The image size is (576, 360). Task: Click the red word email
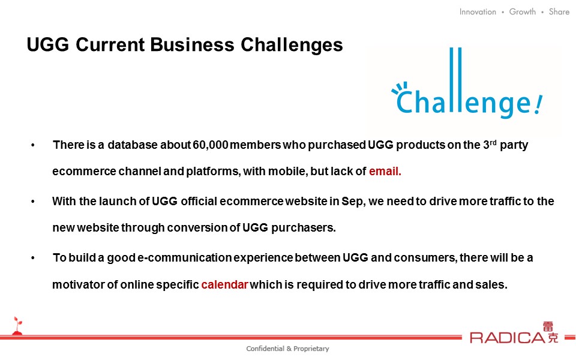coord(385,171)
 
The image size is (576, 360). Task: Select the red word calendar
coord(225,284)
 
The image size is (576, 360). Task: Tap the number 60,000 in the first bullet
coord(211,145)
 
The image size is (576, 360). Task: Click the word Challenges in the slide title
coord(292,45)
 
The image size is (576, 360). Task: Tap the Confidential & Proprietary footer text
coord(287,349)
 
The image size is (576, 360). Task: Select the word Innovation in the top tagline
coord(478,12)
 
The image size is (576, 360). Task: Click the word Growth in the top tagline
coord(523,12)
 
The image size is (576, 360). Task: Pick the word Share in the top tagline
coord(559,12)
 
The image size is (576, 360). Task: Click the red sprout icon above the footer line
coord(17,326)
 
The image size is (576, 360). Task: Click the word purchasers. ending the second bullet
coord(303,228)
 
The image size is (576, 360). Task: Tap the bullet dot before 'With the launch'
coord(33,202)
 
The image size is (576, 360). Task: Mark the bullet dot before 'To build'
coord(33,258)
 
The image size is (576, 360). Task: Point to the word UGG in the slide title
coord(48,45)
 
